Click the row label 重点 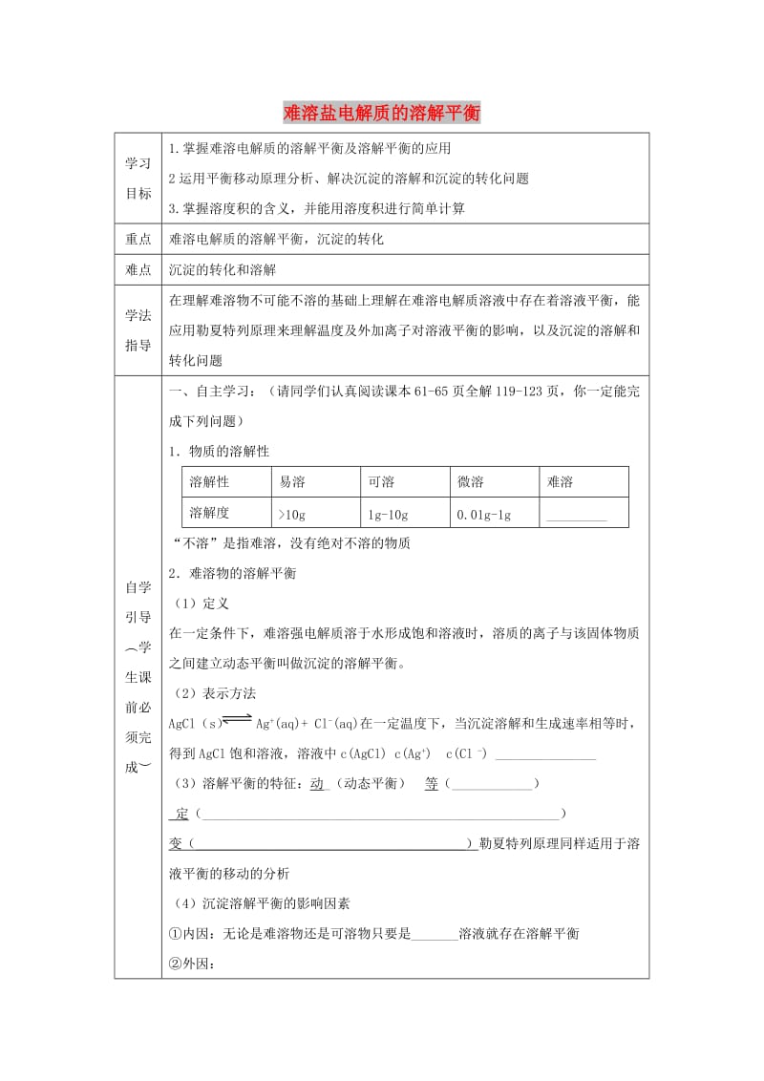(138, 240)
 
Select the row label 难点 (138, 270)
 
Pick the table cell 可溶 (381, 482)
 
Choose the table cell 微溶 (471, 482)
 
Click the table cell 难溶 (560, 482)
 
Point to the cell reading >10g (290, 514)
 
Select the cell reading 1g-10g (388, 514)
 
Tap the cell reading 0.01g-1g (484, 514)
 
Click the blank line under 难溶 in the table (574, 517)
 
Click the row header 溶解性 (210, 482)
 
